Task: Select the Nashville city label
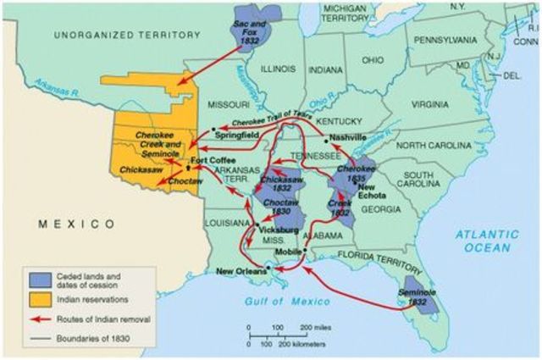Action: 348,136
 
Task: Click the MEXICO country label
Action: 75,224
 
